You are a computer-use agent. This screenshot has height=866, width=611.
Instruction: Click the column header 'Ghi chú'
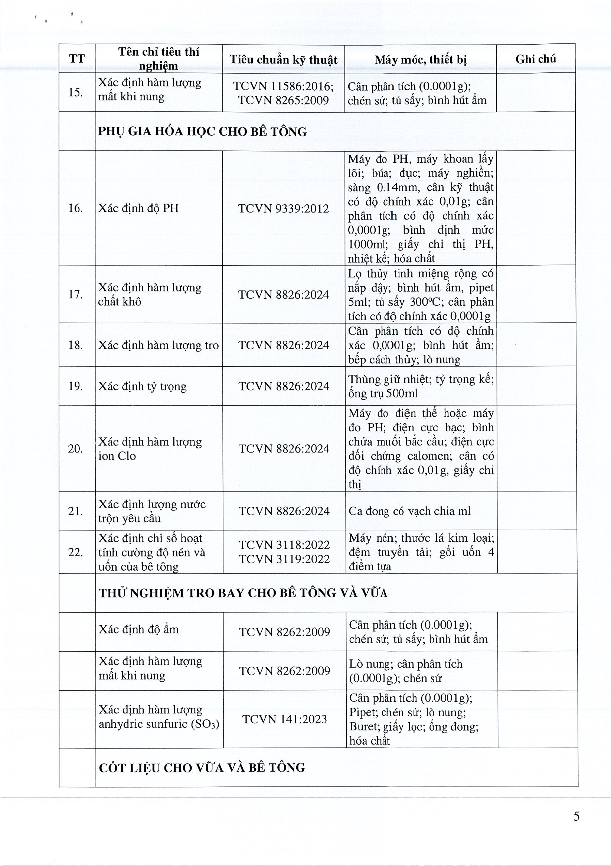pos(535,59)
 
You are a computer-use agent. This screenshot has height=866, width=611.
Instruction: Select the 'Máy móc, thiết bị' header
pos(420,59)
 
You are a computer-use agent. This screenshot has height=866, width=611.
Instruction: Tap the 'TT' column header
pos(77,59)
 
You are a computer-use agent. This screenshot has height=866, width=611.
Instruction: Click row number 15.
pos(75,92)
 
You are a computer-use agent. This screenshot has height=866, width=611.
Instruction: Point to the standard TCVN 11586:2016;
pos(283,86)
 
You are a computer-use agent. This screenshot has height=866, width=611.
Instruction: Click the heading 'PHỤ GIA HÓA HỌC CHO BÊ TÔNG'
pos(202,132)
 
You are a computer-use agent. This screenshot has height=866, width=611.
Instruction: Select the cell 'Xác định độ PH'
pos(138,208)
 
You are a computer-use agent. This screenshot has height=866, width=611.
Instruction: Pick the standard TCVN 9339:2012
pos(284,208)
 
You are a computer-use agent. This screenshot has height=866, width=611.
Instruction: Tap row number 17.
pos(75,294)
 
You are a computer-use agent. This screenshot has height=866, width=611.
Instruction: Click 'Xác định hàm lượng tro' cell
pos(158,345)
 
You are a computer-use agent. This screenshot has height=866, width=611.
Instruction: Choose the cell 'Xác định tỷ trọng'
pos(143,386)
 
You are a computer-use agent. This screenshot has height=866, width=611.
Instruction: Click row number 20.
pos(75,448)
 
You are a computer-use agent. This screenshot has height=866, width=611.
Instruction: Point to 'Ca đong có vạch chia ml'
pos(409,511)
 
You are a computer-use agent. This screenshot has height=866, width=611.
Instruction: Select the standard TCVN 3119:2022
pos(284,559)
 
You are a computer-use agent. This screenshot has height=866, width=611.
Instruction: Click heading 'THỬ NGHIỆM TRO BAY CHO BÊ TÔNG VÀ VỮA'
pos(243,593)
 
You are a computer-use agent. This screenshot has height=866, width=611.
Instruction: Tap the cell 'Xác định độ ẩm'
pos(138,629)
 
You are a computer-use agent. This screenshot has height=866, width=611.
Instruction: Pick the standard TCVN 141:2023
pos(285,719)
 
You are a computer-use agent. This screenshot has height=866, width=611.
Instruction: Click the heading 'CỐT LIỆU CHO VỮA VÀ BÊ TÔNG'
pos(202,768)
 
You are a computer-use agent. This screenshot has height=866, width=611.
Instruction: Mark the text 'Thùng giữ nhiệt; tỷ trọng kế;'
pos(421,379)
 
